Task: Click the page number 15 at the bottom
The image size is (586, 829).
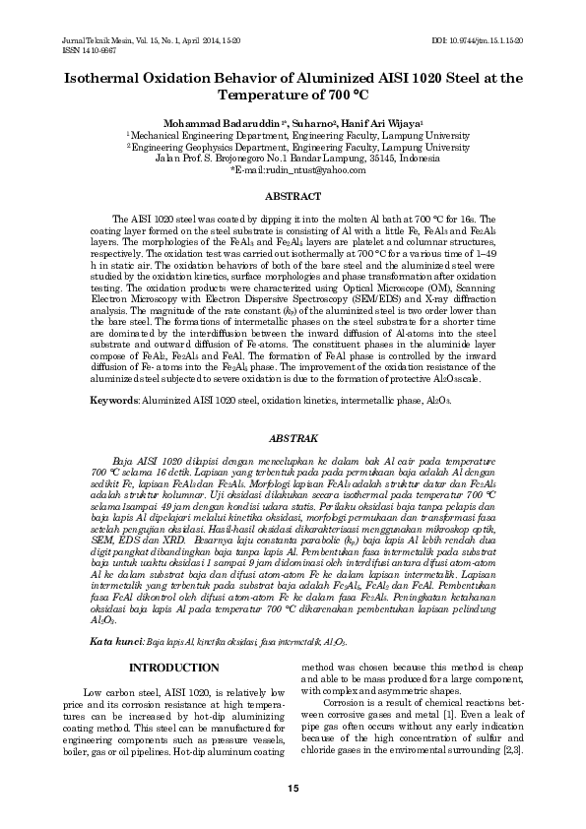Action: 293,789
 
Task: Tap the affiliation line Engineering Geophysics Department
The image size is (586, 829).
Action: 295,147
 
